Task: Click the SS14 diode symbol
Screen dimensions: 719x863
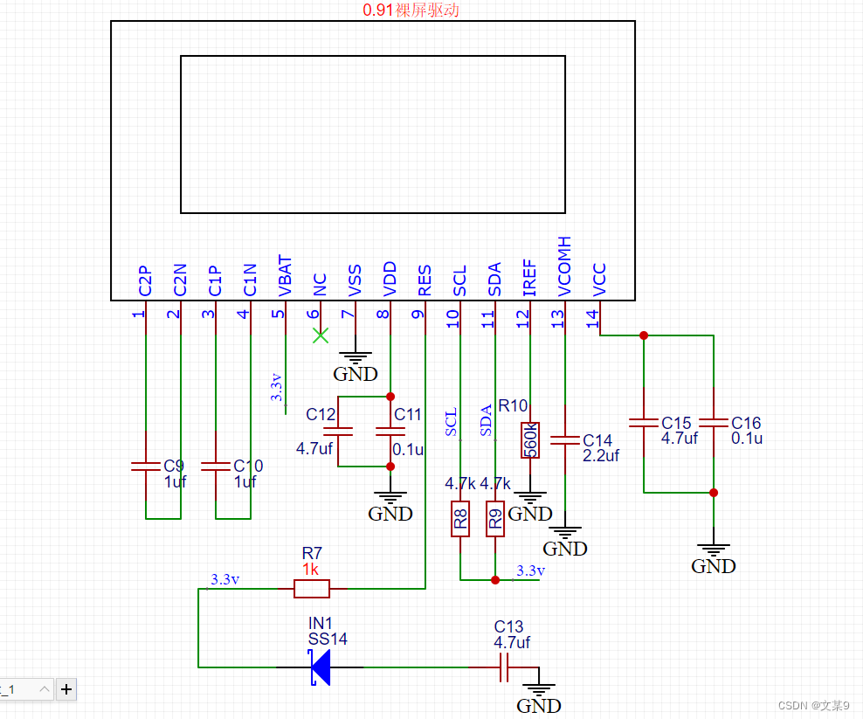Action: click(321, 667)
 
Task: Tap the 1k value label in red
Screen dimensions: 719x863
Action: click(311, 569)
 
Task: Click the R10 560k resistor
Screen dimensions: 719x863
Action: click(530, 439)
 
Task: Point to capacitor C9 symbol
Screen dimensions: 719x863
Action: click(146, 466)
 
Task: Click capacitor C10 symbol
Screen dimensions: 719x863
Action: click(216, 466)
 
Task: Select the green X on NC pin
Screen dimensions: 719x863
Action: click(321, 335)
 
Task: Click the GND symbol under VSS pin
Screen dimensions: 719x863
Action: click(356, 358)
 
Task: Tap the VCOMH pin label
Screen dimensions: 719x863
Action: click(564, 266)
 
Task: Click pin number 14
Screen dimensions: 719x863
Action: click(593, 319)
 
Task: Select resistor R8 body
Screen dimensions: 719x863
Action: click(460, 519)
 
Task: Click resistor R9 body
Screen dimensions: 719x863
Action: click(495, 519)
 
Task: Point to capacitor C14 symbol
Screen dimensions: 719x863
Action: click(565, 441)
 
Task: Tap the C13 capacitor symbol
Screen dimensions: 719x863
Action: click(503, 668)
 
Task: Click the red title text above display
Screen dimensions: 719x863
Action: click(411, 10)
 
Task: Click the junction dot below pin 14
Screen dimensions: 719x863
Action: click(644, 335)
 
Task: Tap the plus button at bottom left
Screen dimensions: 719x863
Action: click(66, 689)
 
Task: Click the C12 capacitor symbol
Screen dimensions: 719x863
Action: click(338, 431)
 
